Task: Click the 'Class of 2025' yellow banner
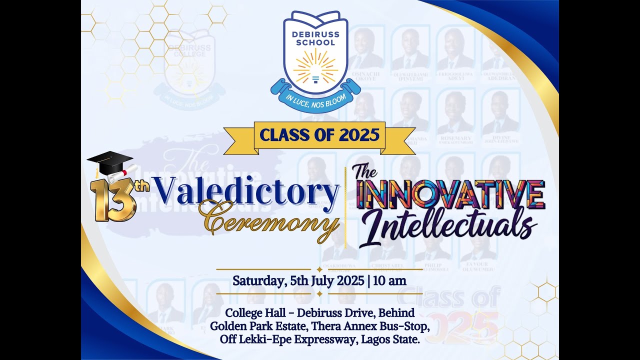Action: pyautogui.click(x=319, y=135)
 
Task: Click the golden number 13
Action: pyautogui.click(x=112, y=199)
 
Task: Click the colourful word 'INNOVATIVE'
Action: pyautogui.click(x=450, y=195)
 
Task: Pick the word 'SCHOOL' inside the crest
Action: pyautogui.click(x=315, y=42)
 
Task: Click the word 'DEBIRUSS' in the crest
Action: pyautogui.click(x=315, y=34)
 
